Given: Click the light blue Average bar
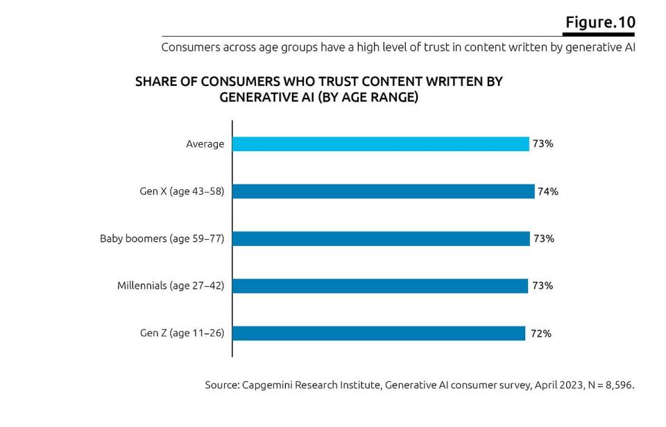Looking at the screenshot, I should coord(380,144).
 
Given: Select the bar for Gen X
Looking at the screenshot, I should coord(383,191).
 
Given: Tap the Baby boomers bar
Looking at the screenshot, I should coord(380,238).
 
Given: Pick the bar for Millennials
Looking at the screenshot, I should coord(380,286).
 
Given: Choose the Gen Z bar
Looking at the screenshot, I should coord(378,333).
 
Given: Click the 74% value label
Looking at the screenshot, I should coord(547,192).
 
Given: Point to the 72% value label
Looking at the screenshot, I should coord(540,333).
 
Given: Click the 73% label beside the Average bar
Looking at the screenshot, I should coord(543,144).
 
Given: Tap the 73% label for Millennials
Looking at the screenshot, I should coord(543,286).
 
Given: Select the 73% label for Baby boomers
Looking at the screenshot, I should coord(543,238).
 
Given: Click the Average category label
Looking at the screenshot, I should coord(205,144).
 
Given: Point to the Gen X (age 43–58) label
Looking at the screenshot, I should coord(182,191).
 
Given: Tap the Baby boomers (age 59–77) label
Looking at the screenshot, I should coord(162,238).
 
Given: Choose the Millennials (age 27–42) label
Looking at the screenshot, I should coord(171,286).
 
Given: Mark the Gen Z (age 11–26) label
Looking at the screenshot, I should coord(182,333).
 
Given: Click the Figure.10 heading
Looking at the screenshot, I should coord(600,22).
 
